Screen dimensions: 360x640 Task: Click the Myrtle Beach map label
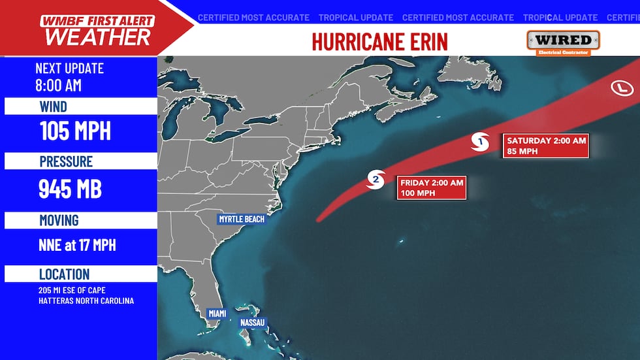[x=242, y=219]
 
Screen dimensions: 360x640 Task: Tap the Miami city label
[x=217, y=314]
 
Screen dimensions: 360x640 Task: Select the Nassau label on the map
[x=252, y=323]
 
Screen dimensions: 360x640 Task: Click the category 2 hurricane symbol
[x=376, y=180]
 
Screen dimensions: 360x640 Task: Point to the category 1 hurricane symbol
[x=481, y=141]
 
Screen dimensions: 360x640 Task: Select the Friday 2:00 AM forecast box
[x=431, y=188]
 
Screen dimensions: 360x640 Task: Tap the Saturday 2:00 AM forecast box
[x=547, y=146]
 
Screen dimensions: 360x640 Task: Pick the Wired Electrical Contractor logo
[x=563, y=42]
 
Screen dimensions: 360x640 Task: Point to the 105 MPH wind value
[x=75, y=131]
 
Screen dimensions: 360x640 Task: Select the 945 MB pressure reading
[x=71, y=189]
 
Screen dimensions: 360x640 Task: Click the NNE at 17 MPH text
[x=78, y=246]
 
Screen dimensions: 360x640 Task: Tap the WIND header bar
[x=80, y=106]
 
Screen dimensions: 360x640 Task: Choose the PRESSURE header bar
[x=80, y=161]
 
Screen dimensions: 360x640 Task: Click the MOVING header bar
[x=80, y=220]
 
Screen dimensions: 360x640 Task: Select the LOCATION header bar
[x=80, y=274]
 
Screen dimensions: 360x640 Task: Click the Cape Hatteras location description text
[x=86, y=296]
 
